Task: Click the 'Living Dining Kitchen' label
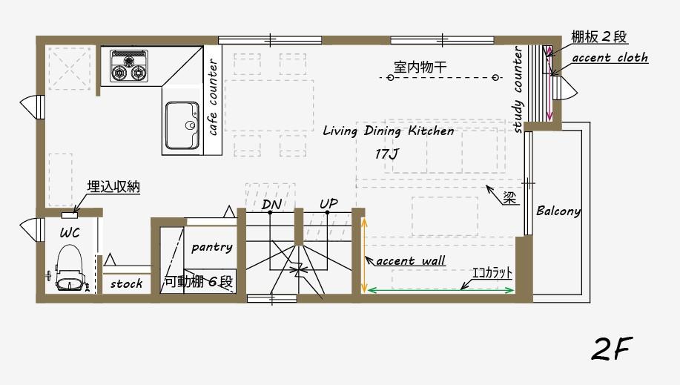[388, 131]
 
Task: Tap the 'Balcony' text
[558, 211]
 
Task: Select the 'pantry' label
[211, 247]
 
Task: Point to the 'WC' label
[70, 232]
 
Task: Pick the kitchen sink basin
[181, 125]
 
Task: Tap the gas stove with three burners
[129, 65]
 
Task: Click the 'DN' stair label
[270, 204]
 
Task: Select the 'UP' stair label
[329, 203]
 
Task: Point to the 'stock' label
[126, 283]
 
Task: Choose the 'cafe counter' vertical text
[213, 97]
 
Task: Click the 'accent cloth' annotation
[610, 58]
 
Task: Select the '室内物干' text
[423, 67]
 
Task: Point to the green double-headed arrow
[440, 289]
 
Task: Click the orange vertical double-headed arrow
[363, 254]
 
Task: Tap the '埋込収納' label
[113, 187]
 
